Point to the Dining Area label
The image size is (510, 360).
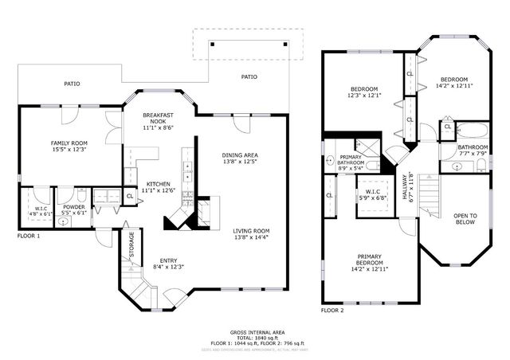[x=239, y=158]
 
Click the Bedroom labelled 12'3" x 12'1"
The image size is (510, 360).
[x=363, y=92]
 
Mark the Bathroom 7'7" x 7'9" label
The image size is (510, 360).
[x=473, y=151]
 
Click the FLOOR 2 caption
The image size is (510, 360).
[x=333, y=311]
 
